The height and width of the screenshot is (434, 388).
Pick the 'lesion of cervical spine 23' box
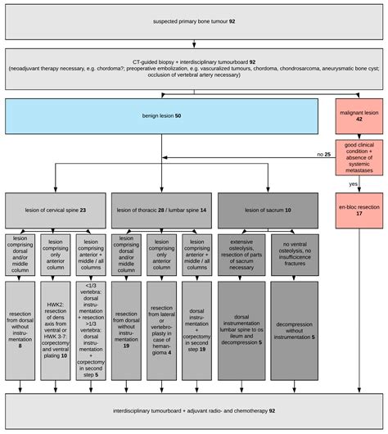coord(56,211)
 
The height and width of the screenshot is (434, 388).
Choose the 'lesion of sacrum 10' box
coord(265,211)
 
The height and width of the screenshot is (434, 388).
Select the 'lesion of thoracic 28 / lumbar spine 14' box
coord(160,211)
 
